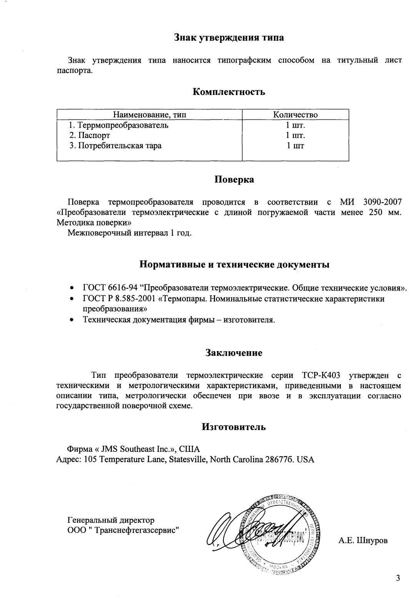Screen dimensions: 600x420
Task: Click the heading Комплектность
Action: click(x=228, y=92)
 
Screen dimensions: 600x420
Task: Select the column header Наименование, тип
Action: click(x=149, y=115)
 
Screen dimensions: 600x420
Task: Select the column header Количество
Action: click(x=295, y=115)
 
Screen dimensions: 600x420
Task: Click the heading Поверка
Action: click(x=234, y=180)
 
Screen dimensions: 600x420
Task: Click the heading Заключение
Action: click(x=234, y=353)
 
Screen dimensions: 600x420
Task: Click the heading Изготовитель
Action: click(x=234, y=427)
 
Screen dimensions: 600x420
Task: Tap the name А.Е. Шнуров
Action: click(x=363, y=541)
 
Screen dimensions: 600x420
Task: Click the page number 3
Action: click(x=398, y=578)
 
